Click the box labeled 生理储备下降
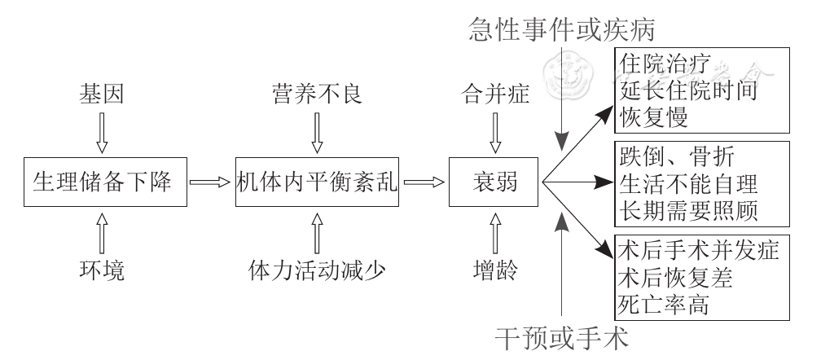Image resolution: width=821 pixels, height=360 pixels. [102, 182]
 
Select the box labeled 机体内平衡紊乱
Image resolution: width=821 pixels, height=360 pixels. [318, 182]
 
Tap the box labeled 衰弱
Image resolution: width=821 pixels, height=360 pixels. [494, 182]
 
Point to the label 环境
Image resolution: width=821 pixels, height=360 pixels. [102, 270]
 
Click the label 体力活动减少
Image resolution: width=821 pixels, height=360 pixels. [318, 270]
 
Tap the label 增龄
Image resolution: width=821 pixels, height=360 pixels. [494, 270]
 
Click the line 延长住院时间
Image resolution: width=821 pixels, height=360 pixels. [688, 90]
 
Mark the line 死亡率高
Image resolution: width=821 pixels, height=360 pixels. [665, 305]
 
